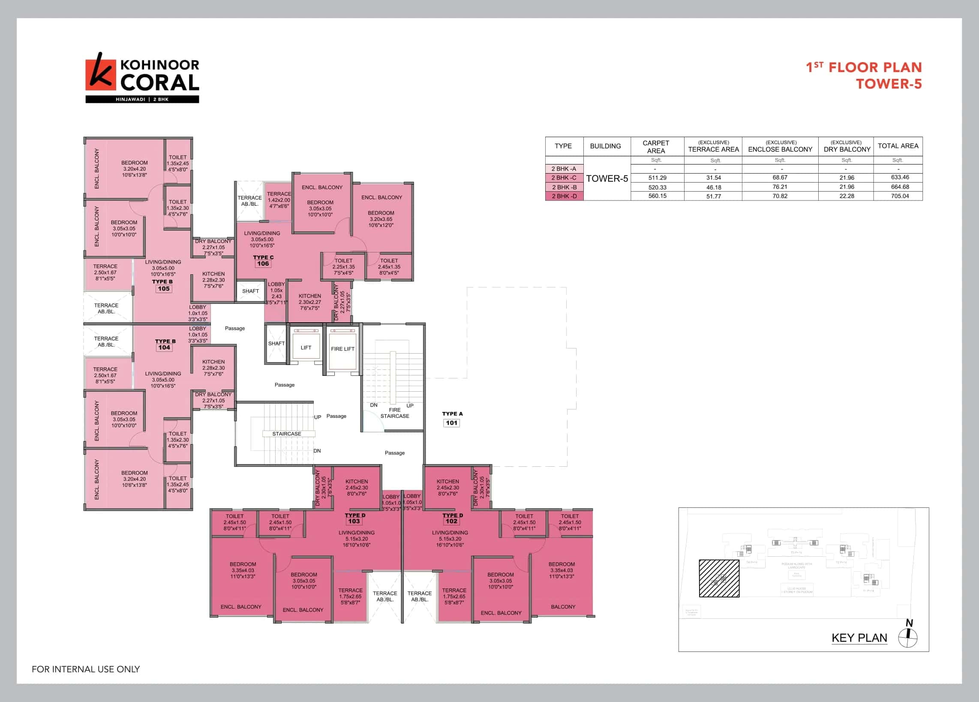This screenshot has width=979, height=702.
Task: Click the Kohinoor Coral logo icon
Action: tap(101, 74)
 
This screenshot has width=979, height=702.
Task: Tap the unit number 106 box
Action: tap(263, 264)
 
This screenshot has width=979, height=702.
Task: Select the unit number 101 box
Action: tap(451, 423)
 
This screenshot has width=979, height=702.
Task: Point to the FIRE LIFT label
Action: tap(343, 348)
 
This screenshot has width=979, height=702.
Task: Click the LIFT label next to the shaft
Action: tap(306, 347)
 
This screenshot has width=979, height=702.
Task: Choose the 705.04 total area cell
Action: tap(900, 196)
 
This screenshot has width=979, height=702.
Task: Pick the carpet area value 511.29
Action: tap(657, 178)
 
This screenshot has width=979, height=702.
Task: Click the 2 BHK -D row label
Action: tap(564, 196)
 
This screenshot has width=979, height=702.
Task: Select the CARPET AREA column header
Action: tap(656, 147)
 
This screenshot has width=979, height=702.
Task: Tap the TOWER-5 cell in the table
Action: tap(607, 179)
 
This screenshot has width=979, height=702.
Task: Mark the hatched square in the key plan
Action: tap(719, 579)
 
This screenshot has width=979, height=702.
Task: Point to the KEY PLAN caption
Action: tap(859, 638)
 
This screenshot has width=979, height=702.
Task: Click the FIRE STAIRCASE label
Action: tap(394, 413)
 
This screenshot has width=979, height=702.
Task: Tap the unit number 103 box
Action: tap(354, 521)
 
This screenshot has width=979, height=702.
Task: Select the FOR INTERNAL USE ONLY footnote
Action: tap(86, 669)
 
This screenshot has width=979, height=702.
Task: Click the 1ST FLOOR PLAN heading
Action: tap(864, 67)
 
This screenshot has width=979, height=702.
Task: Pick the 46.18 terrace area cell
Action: tap(714, 187)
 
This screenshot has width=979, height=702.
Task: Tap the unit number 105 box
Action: tap(164, 289)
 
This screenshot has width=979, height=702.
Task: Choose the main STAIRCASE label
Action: tap(287, 434)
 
